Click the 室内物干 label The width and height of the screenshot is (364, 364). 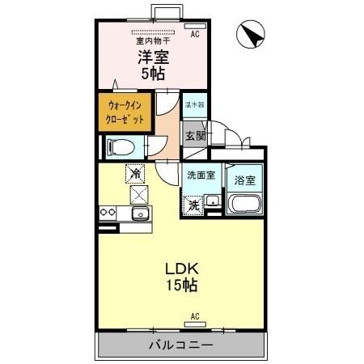(x=152, y=40)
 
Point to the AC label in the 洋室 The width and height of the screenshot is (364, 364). (x=195, y=35)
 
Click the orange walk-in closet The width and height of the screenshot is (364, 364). (x=125, y=112)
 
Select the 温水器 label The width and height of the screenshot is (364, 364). (x=194, y=105)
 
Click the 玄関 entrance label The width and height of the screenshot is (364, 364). (x=195, y=135)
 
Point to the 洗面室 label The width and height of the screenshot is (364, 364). (x=201, y=175)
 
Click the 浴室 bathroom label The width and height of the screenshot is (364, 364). (x=245, y=179)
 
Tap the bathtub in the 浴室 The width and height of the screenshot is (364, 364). (x=243, y=205)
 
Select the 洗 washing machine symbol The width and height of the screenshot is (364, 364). (x=194, y=205)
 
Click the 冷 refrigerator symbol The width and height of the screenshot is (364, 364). (x=135, y=172)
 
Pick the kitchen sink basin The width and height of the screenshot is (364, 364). (x=138, y=214)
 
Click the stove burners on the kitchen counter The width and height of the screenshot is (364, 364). (x=108, y=214)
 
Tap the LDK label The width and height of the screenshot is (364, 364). (x=182, y=269)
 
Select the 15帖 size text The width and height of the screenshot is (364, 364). (x=182, y=286)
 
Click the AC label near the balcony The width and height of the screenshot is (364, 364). (x=195, y=315)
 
